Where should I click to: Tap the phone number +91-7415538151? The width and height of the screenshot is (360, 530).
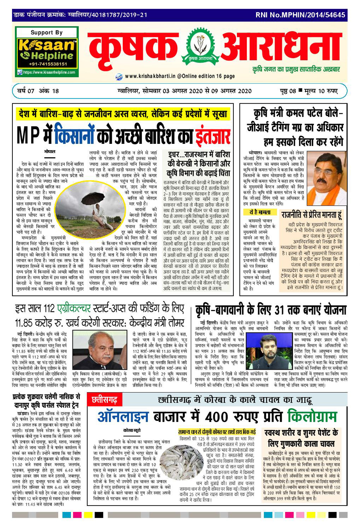point(47,64)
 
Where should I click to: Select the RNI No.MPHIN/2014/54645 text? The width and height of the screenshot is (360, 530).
point(300,15)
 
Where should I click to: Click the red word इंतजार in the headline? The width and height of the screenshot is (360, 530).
point(213,136)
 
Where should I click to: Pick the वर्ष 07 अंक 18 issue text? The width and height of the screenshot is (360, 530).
point(38,91)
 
